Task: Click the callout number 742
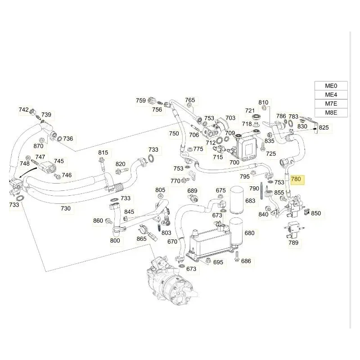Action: click(x=23, y=110)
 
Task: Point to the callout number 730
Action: click(x=66, y=208)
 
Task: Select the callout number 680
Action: click(x=249, y=233)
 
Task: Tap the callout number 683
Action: click(x=250, y=201)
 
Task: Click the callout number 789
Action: click(x=293, y=243)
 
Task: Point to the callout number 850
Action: click(x=316, y=213)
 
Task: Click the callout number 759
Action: click(x=141, y=100)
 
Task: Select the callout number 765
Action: click(x=190, y=100)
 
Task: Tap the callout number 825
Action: click(x=324, y=128)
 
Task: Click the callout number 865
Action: click(x=141, y=238)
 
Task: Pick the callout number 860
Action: click(x=98, y=220)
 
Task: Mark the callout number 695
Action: click(x=218, y=262)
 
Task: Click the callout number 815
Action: click(x=103, y=153)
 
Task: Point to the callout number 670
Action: click(x=172, y=242)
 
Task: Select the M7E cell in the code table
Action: click(x=331, y=103)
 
